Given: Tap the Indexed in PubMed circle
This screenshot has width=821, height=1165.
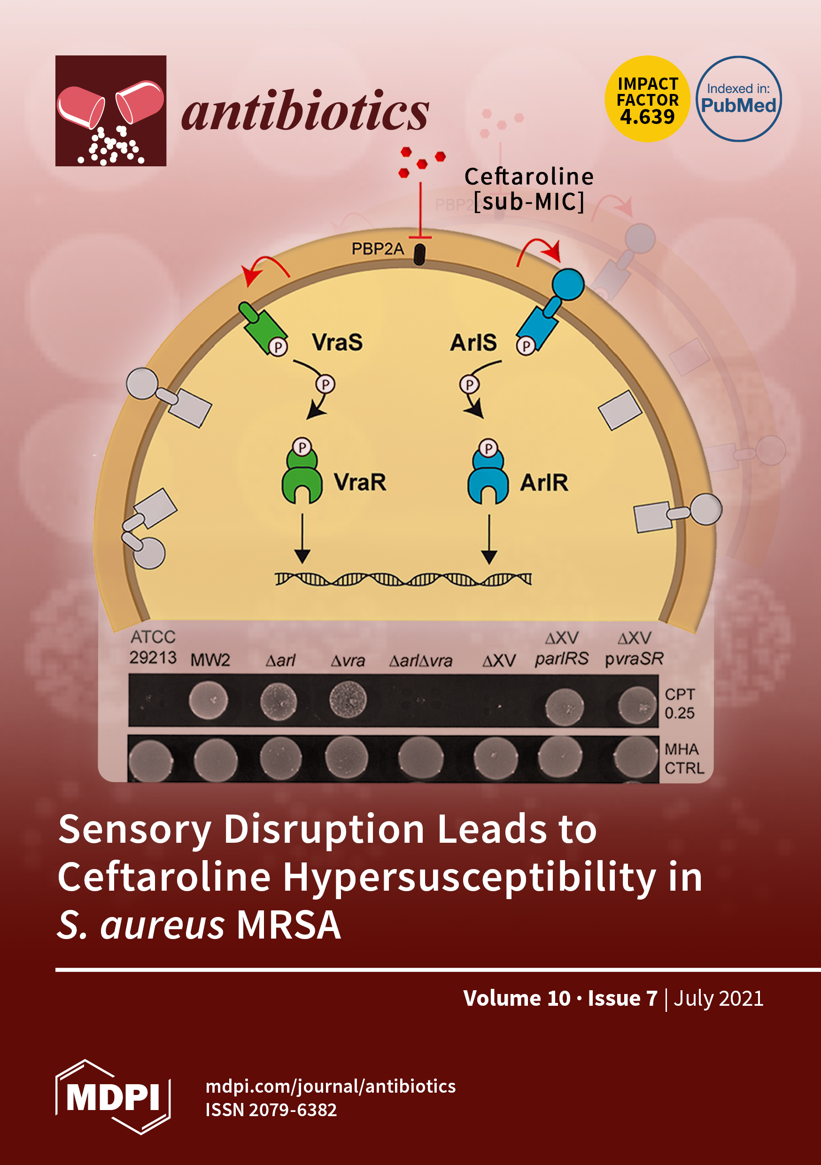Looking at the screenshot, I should tap(738, 99).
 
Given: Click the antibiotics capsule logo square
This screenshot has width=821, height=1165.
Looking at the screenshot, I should tap(111, 110).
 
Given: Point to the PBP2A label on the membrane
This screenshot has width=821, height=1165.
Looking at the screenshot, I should tap(378, 249).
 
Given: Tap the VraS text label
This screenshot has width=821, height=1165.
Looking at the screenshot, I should tap(337, 342).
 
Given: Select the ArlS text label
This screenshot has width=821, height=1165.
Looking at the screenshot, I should tap(473, 342).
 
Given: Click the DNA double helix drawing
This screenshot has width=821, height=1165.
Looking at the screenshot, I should tap(403, 579).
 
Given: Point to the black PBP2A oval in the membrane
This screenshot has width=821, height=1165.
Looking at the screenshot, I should tap(419, 255).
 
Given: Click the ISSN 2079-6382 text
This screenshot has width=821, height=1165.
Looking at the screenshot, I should tap(271, 1110).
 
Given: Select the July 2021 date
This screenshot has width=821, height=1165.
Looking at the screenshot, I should tap(718, 998).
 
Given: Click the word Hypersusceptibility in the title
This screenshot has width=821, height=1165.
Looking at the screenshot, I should tap(469, 876).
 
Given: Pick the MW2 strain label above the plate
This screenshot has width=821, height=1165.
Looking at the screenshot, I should tap(210, 660).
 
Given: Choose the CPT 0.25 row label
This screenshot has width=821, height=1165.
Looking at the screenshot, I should tap(680, 703).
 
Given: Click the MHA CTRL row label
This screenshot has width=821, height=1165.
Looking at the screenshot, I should tap(683, 758).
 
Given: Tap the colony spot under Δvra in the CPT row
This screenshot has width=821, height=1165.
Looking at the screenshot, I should tap(348, 701).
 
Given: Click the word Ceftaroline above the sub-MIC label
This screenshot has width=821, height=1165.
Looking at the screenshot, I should tap(529, 177).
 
